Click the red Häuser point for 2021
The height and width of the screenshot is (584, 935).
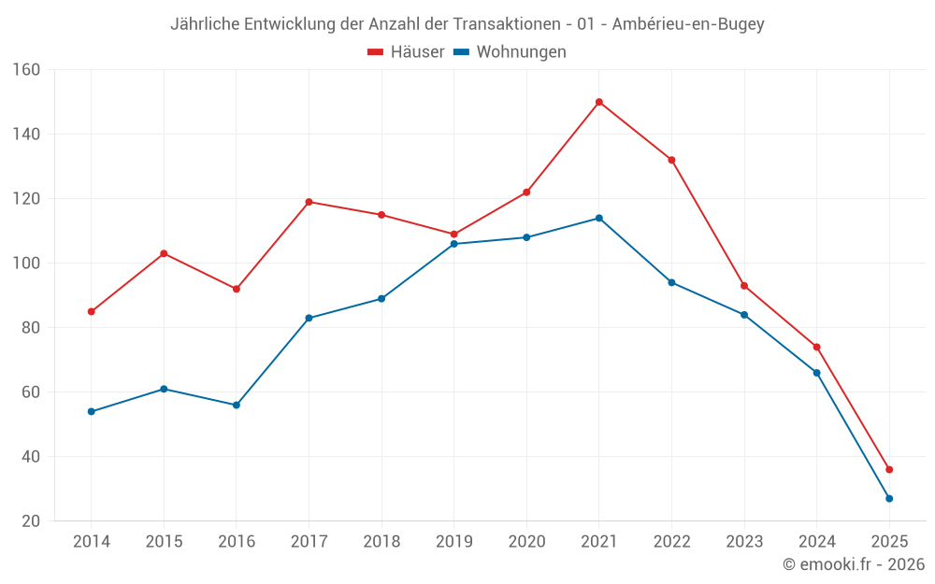point(599,102)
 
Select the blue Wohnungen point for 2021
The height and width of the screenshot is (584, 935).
point(599,218)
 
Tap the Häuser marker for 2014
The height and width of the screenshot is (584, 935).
point(92,311)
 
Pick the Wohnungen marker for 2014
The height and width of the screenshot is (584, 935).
point(92,411)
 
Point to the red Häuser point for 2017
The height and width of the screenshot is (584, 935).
point(309,202)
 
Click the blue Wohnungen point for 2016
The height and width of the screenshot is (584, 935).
point(237,405)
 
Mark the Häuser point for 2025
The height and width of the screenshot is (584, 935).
point(889,469)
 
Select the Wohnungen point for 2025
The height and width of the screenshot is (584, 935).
point(889,498)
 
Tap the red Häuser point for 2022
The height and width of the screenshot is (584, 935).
point(671,160)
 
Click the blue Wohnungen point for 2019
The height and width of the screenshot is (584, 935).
point(454,244)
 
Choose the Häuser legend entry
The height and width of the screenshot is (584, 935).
point(407,52)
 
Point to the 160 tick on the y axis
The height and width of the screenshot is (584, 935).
point(26,70)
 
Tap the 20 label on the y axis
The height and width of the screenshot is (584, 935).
point(31,521)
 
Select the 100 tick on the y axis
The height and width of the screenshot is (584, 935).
point(26,264)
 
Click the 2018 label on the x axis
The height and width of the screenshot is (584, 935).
point(381,542)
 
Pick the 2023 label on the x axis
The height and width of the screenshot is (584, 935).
point(744,542)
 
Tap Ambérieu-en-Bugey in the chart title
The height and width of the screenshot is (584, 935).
point(688,24)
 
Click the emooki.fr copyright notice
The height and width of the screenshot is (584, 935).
point(854,564)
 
